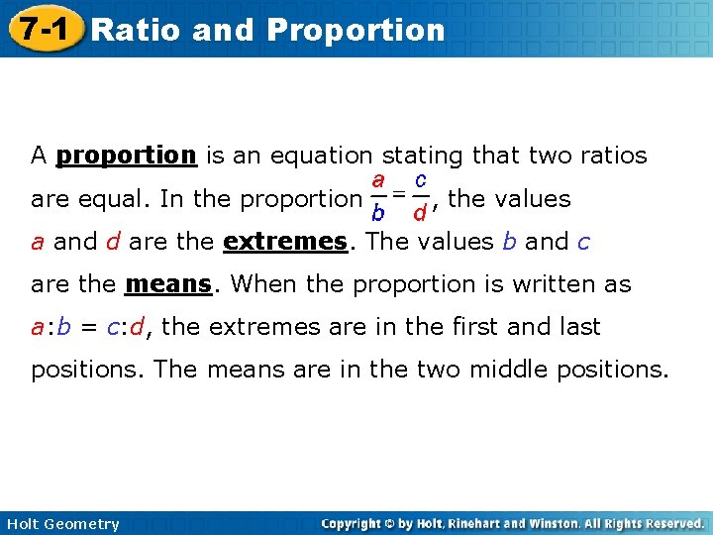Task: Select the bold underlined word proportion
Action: pos(127,156)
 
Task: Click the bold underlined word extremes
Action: pos(286,242)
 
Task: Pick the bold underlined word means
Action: pos(168,284)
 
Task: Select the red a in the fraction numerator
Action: pos(378,181)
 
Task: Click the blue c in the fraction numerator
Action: pos(421,181)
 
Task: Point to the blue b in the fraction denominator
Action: pos(378,212)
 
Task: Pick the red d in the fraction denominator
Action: pos(420,212)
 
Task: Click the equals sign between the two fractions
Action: pos(400,194)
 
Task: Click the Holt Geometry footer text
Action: pos(62,524)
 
